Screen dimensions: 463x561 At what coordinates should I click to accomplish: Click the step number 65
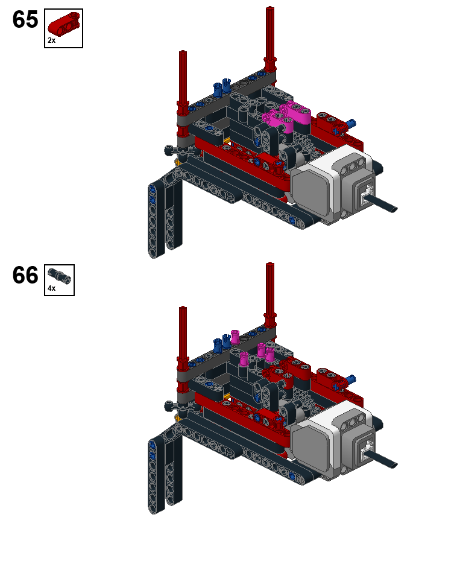click(25, 19)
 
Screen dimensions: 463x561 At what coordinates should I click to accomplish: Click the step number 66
click(25, 275)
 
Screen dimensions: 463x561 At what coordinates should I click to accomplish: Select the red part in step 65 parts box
click(64, 24)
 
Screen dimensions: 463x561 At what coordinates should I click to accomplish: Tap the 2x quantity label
click(51, 40)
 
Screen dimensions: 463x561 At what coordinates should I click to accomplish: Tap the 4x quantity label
click(51, 288)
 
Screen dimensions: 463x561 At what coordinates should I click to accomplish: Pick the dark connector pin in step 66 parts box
click(59, 276)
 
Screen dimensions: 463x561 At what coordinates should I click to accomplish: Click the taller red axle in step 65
click(270, 39)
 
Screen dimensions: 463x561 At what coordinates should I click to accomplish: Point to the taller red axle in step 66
click(270, 294)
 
